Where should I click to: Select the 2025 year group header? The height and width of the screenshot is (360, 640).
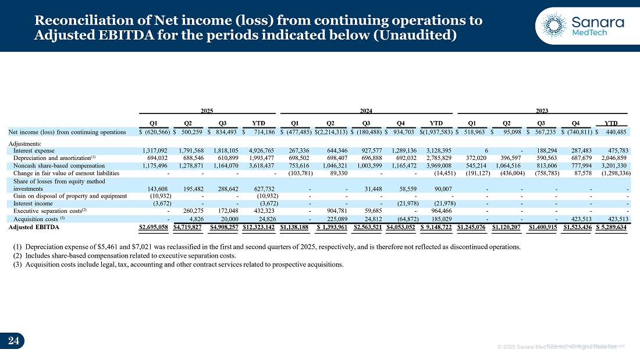click(x=207, y=110)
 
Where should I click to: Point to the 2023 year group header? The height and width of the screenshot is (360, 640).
click(x=542, y=110)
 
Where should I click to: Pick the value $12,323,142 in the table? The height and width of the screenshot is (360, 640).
click(x=258, y=226)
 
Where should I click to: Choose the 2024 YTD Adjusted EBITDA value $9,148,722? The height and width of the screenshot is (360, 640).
click(x=436, y=226)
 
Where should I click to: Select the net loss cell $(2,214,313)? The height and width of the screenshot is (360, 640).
click(x=330, y=132)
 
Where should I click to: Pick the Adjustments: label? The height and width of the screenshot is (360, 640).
click(x=25, y=143)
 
